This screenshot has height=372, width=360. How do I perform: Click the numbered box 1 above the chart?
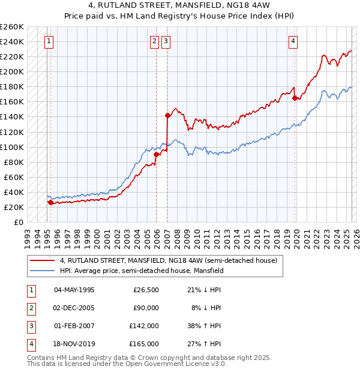pos(48,41)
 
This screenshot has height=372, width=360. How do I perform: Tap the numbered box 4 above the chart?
pos(293,41)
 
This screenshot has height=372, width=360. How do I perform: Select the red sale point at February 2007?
pos(167,115)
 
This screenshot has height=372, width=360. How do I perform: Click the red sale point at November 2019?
pos(295,98)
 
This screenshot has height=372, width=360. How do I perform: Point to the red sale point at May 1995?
pos(50,203)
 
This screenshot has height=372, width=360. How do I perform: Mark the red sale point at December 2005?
pos(156,154)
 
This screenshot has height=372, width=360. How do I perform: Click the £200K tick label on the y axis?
pos(12,71)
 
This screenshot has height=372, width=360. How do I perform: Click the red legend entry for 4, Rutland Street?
pos(168,260)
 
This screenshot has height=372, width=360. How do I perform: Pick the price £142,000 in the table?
pos(144,326)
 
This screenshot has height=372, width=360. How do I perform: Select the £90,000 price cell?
pos(146,308)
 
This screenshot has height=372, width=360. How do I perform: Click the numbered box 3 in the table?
pos(30,326)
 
